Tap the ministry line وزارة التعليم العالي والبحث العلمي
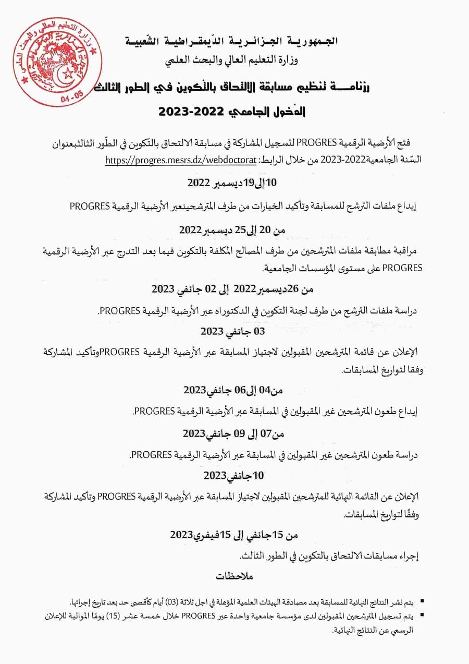coord(231,61)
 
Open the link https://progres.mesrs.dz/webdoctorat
coord(180,160)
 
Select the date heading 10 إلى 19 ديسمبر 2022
coord(232,183)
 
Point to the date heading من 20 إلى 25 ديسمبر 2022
coord(232,230)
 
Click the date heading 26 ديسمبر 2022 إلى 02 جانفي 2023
coord(232,288)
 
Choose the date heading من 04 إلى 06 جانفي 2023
coord(232,390)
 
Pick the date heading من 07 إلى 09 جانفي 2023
coord(232,433)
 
